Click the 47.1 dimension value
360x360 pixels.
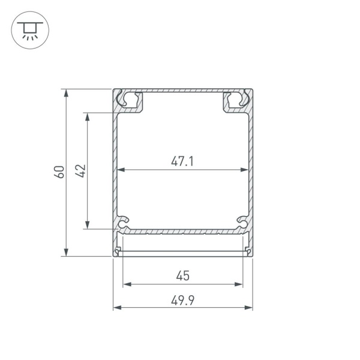point(182,161)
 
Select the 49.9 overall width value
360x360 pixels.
point(183,301)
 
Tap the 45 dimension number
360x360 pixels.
point(183,275)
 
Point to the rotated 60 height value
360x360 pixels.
point(59,172)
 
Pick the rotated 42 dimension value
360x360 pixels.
point(80,171)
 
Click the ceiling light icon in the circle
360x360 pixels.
point(30,31)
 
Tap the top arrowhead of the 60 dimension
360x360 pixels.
point(66,93)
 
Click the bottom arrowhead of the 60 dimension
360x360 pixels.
point(66,252)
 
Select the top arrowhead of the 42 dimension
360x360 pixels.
point(87,117)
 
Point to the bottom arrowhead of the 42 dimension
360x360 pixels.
point(87,225)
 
